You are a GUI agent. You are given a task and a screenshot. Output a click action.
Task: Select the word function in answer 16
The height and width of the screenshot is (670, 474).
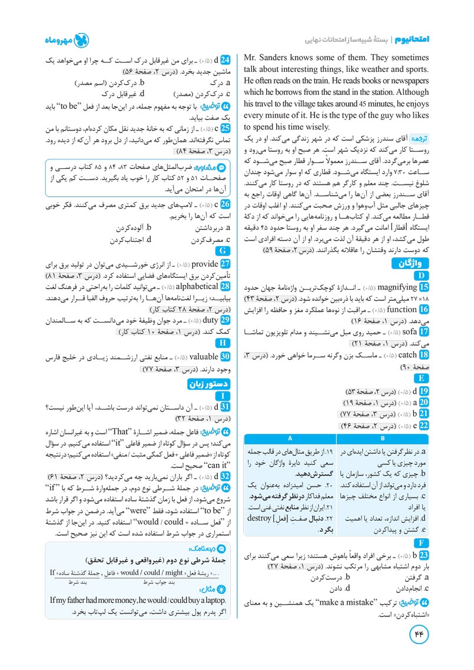(402, 309)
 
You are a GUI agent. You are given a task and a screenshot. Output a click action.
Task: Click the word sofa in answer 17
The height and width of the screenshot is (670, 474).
(410, 331)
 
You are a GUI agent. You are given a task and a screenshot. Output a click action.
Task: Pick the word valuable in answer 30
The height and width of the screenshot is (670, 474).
(203, 357)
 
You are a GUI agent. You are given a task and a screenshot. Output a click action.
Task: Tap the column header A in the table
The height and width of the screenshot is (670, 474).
(290, 439)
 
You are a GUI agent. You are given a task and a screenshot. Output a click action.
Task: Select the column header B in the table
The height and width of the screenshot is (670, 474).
(383, 439)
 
